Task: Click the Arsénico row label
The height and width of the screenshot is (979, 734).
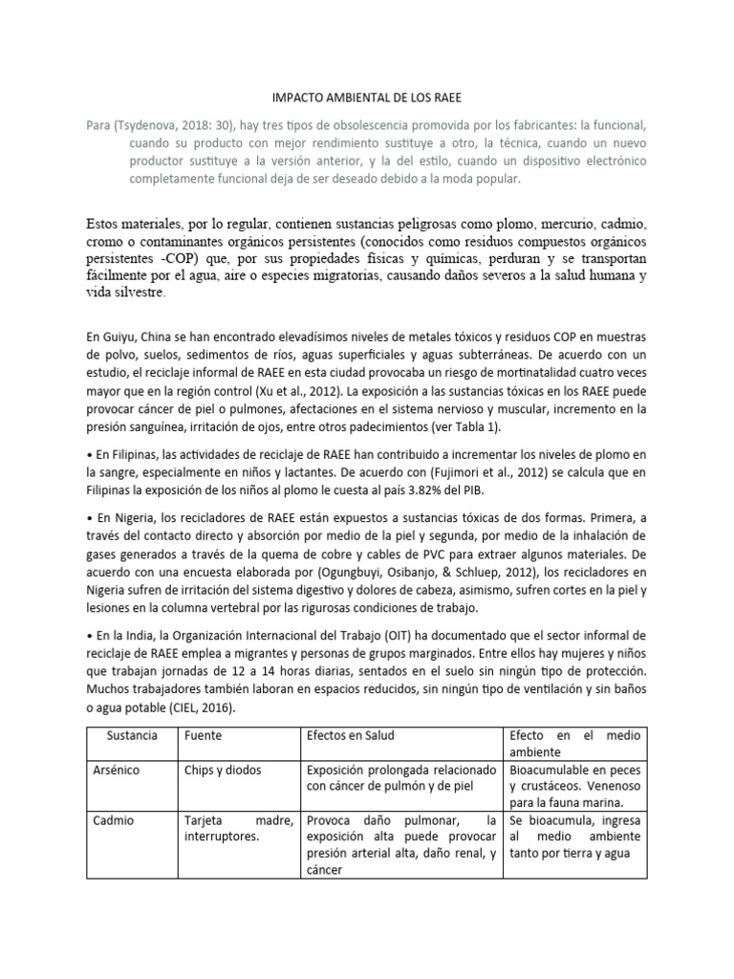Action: pos(122,770)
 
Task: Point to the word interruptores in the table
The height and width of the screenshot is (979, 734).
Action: pos(223,838)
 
